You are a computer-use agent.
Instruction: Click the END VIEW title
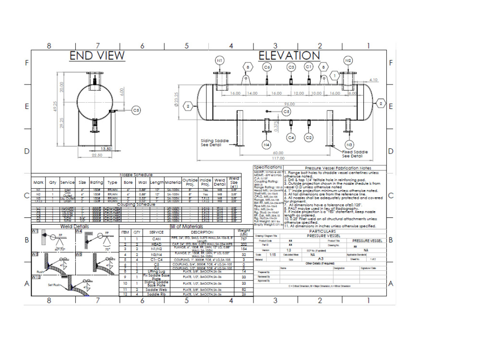97,56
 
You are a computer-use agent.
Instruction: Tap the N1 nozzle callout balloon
219,61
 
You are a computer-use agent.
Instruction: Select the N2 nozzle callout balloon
348,61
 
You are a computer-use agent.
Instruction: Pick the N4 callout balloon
266,144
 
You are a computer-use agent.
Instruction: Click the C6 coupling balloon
267,67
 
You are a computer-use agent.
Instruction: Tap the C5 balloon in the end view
136,110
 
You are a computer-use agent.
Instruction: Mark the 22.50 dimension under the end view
97,155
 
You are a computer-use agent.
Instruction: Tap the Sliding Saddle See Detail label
214,144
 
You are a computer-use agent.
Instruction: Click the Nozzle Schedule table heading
136,175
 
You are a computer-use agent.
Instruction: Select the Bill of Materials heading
186,227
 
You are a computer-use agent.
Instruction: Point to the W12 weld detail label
36,277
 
